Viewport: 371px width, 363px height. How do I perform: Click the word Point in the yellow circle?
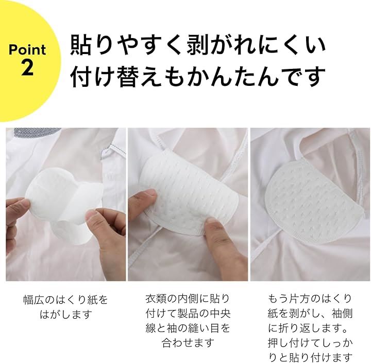(x=27, y=49)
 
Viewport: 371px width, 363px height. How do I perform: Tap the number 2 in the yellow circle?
(x=27, y=67)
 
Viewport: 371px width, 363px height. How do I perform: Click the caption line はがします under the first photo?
(x=66, y=314)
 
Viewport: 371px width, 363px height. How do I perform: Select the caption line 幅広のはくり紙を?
(x=66, y=300)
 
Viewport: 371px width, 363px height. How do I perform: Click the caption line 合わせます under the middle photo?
(x=188, y=343)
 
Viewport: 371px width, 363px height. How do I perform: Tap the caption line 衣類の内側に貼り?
(x=188, y=299)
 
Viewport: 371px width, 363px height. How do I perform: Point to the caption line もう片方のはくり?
(x=310, y=299)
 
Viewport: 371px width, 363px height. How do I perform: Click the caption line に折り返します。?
(x=308, y=328)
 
